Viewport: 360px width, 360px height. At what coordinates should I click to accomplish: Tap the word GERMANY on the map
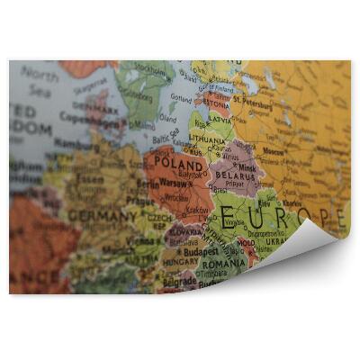coord(102,216)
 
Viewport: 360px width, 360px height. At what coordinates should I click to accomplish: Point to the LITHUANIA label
coord(208,141)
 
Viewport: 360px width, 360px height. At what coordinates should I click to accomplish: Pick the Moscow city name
coord(298,152)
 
